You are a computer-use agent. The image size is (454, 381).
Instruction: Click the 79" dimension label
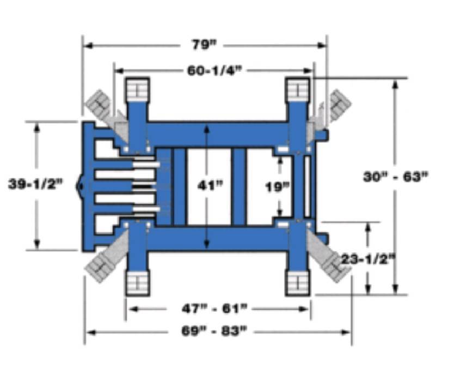pos(204,45)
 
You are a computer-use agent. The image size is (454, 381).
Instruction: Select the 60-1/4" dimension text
pos(214,70)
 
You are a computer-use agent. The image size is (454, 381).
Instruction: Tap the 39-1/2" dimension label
pos(35,184)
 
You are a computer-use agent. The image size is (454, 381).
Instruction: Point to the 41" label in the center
pos(210,185)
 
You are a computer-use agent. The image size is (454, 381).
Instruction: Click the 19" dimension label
pos(278,187)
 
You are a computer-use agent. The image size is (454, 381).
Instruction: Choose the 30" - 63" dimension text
pos(396,177)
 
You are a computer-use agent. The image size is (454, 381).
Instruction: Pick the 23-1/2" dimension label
pos(369,259)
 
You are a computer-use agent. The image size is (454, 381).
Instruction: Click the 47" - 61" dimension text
pos(214,309)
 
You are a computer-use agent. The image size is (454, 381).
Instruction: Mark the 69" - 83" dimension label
pos(214,331)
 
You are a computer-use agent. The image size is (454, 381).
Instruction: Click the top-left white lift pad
pos(138,89)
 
